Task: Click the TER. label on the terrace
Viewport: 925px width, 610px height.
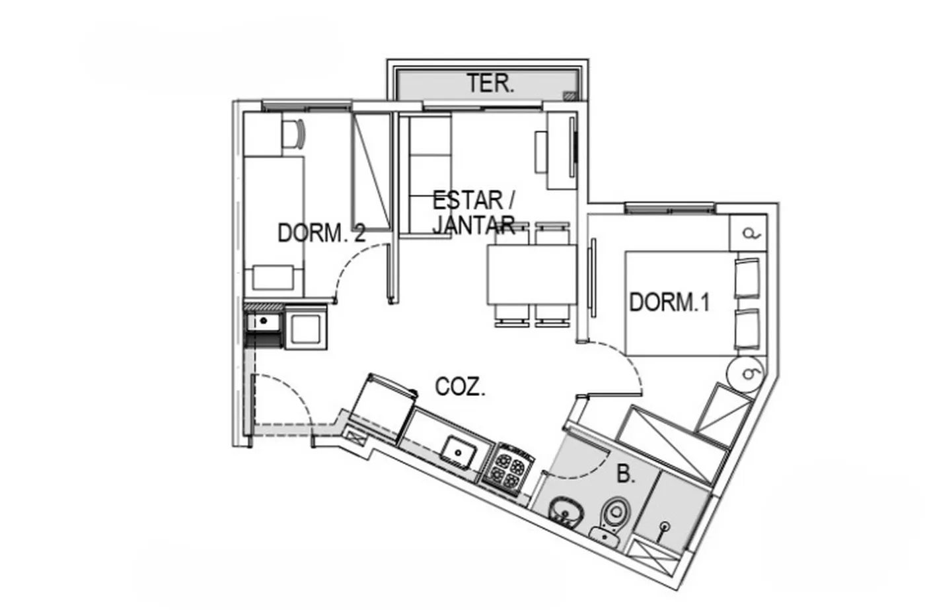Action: tap(490, 83)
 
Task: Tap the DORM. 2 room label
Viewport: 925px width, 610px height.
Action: tap(322, 233)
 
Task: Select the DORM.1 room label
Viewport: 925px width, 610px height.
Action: tap(669, 302)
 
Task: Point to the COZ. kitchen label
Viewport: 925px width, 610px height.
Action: tap(460, 387)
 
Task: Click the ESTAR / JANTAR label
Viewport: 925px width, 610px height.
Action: tap(474, 213)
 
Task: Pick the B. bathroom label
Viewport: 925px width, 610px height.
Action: tap(626, 474)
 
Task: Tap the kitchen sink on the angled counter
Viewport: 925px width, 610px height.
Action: tap(458, 452)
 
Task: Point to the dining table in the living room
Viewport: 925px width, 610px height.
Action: tap(532, 275)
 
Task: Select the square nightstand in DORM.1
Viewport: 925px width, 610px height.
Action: tap(748, 233)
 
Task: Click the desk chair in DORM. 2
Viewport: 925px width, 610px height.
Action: tap(294, 133)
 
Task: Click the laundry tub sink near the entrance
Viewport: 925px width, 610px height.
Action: tap(264, 322)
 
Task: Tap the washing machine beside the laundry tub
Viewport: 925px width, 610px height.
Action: tap(306, 327)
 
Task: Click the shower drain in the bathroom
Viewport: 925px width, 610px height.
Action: tap(665, 526)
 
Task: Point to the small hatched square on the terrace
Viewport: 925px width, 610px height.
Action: tap(571, 95)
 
